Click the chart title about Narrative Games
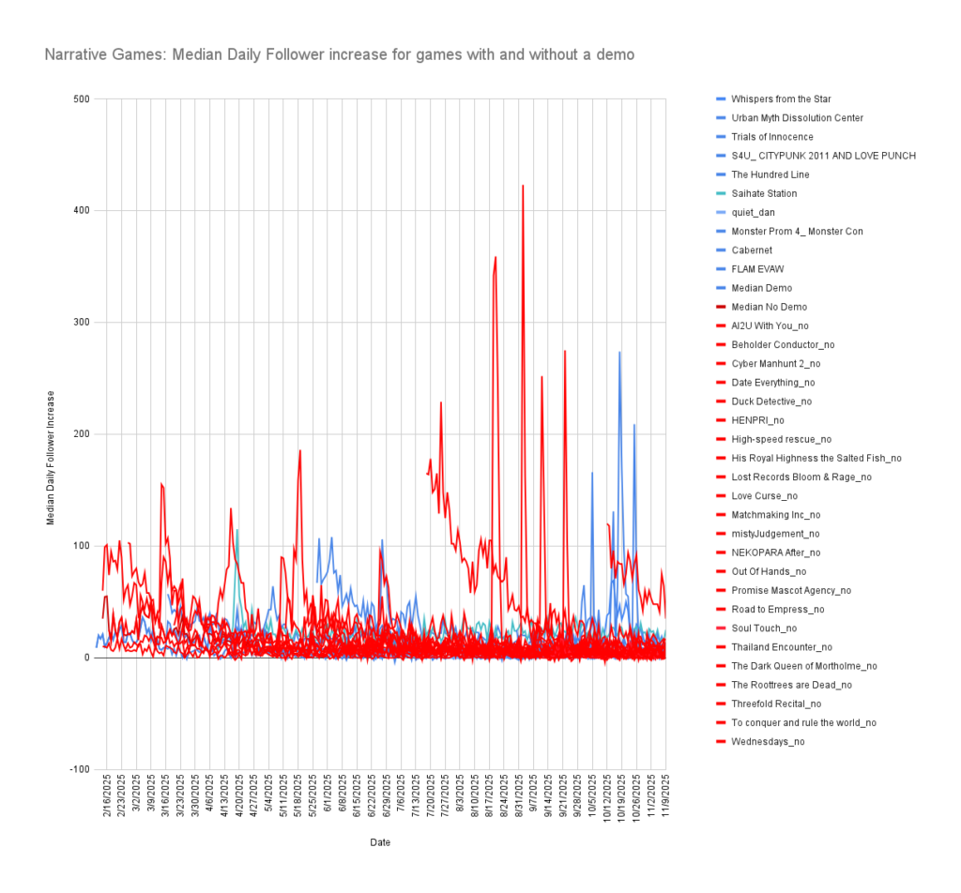[x=339, y=55]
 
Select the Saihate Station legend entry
[x=763, y=193]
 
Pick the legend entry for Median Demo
[x=761, y=288]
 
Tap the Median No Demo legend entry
[x=768, y=307]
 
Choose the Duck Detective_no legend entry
[x=771, y=401]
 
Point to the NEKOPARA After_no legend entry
[x=775, y=552]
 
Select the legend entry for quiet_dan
[x=753, y=212]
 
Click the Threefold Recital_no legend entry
[x=775, y=704]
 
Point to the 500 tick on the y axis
[x=81, y=98]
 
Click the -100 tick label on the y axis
[x=79, y=769]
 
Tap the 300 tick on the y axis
[x=81, y=322]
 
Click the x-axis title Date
[x=380, y=842]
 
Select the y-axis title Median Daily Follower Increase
[x=52, y=457]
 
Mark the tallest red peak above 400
[x=523, y=186]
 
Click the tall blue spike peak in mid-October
[x=619, y=352]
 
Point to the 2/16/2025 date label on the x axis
[x=107, y=795]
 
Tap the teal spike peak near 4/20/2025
[x=237, y=530]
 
